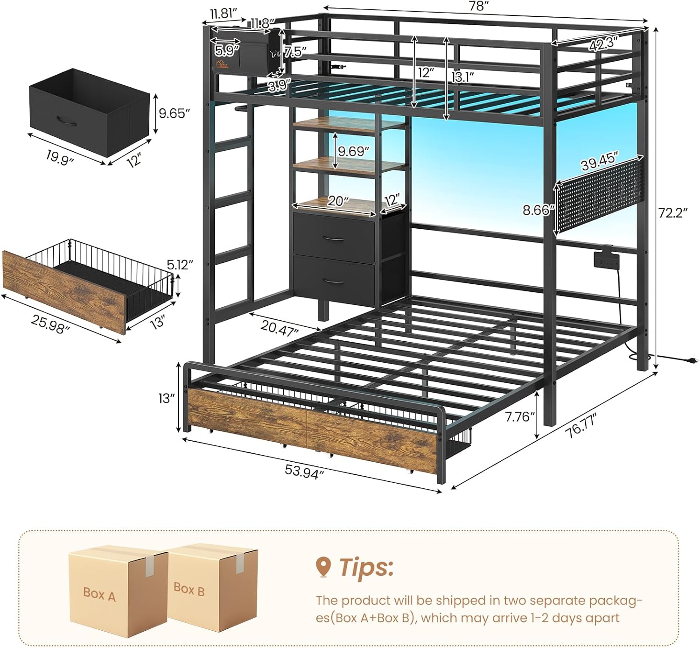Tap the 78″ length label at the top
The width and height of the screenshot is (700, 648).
tap(478, 6)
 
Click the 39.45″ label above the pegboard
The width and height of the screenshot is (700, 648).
tap(599, 161)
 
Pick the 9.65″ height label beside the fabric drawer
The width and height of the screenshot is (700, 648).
tap(174, 113)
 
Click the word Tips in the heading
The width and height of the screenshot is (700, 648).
tap(366, 567)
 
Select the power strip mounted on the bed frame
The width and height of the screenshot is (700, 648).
tap(606, 259)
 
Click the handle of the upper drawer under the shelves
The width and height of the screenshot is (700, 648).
tap(334, 239)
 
